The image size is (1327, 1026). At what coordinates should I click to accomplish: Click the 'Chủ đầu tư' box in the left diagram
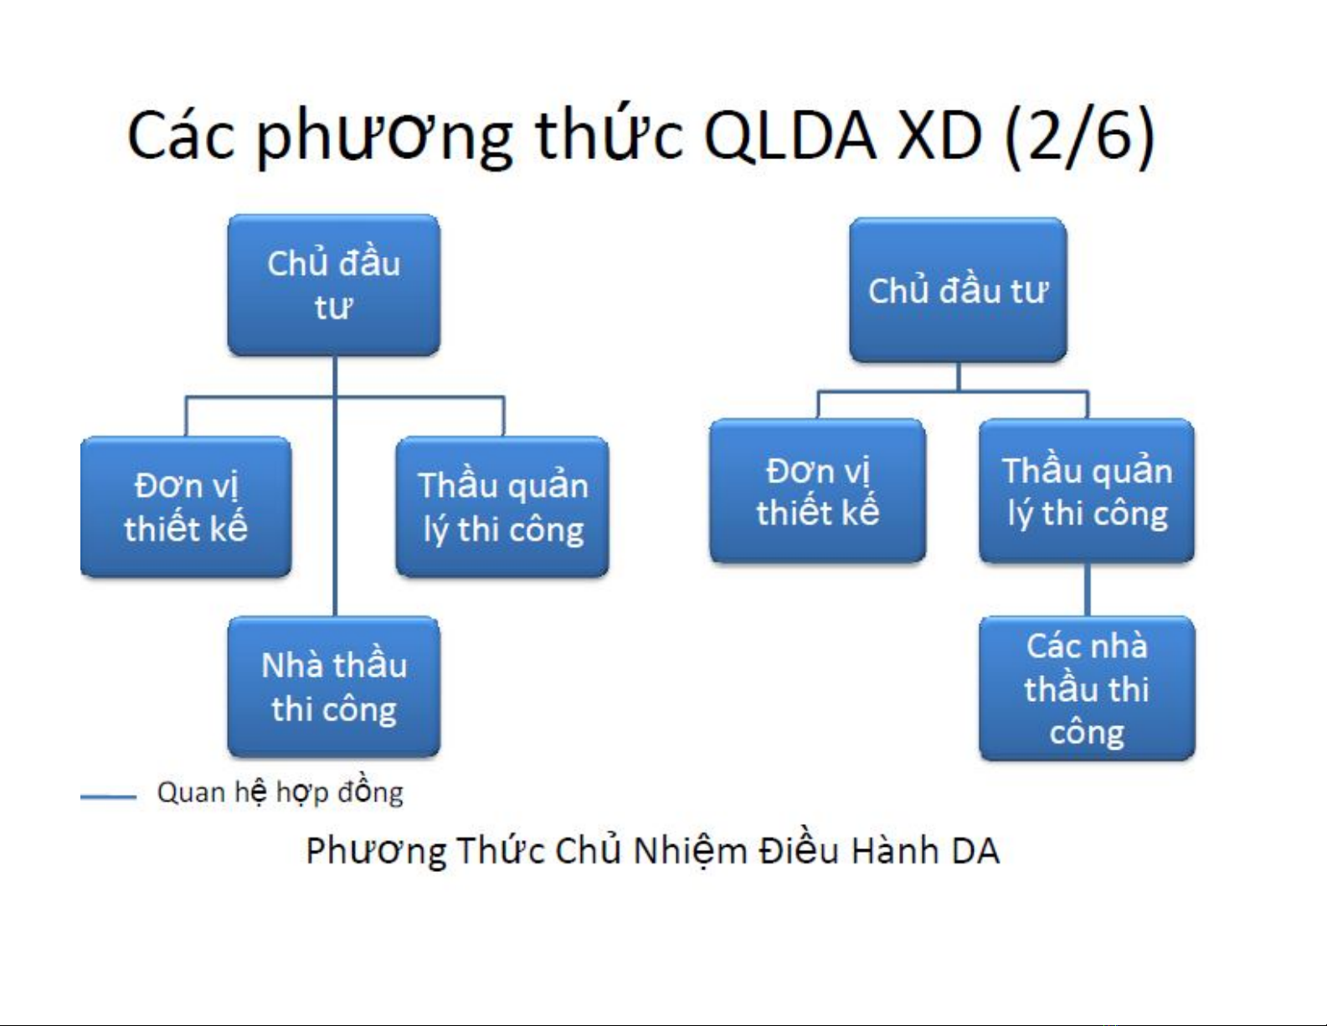tap(334, 286)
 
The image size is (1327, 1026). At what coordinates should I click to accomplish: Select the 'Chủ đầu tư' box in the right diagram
tap(958, 290)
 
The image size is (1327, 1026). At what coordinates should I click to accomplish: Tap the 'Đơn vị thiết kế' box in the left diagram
tap(186, 506)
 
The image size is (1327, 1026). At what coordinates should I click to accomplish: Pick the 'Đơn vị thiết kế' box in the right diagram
tap(818, 491)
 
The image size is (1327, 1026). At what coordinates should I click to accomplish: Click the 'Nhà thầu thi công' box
tap(334, 687)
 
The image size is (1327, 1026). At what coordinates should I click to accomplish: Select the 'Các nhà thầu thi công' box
tap(1087, 688)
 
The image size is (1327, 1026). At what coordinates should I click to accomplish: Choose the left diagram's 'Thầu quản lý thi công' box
tap(502, 506)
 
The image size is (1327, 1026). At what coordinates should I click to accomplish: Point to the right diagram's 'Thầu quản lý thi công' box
tap(1087, 491)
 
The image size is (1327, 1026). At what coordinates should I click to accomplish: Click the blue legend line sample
tap(108, 797)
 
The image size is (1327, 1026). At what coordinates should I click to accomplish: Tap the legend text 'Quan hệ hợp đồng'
tap(280, 792)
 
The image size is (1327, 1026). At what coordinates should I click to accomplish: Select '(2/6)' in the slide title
tap(1079, 136)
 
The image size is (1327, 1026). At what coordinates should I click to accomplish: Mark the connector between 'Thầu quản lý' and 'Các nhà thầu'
tap(1088, 590)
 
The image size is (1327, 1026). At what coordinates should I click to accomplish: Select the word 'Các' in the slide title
tap(182, 136)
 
